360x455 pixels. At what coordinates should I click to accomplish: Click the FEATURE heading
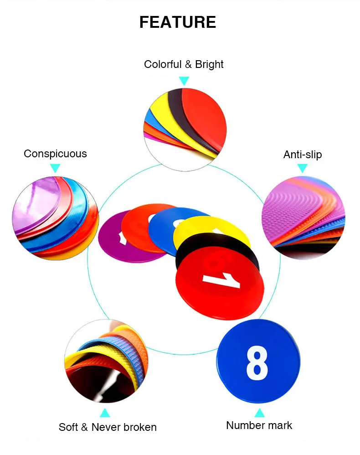178,22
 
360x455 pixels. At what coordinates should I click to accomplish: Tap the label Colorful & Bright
184,64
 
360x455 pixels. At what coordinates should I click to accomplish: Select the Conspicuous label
55,154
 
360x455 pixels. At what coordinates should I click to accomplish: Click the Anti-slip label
303,155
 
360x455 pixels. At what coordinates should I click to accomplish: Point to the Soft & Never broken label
108,427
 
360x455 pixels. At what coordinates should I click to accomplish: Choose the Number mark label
259,425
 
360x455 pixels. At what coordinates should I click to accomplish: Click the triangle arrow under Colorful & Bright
184,81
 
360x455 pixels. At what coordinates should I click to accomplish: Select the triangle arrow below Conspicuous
55,168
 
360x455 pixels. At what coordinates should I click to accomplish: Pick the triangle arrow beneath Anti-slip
303,169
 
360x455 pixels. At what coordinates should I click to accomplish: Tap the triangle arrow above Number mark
259,413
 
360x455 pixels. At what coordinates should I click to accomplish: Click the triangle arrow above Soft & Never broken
105,413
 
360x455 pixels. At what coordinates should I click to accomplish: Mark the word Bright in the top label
209,64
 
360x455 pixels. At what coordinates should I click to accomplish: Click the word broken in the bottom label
138,427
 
